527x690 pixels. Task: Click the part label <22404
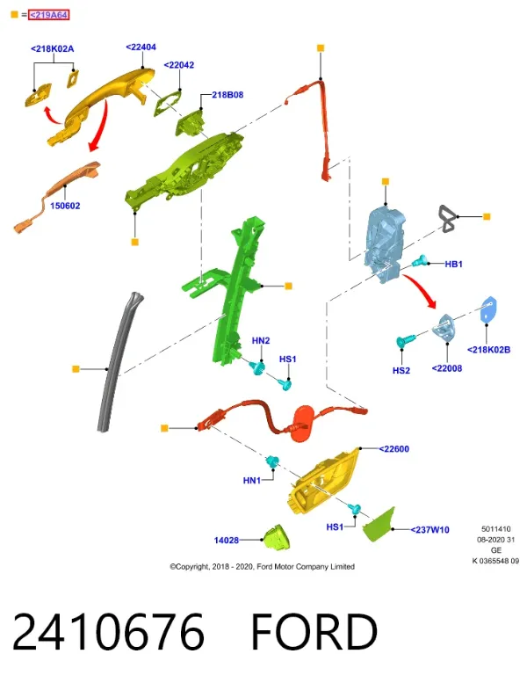point(141,47)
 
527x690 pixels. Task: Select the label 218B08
point(227,95)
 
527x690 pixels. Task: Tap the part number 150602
point(65,206)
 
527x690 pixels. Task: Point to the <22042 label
point(179,65)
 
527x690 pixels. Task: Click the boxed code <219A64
point(49,15)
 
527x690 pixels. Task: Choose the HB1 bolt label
point(453,264)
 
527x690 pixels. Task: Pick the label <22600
point(394,449)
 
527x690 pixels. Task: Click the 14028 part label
point(226,540)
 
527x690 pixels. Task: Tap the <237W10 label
point(430,530)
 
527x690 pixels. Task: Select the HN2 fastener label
point(261,340)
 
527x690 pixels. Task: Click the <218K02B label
point(488,350)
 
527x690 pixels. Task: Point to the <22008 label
point(447,368)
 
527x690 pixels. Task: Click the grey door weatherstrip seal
point(118,361)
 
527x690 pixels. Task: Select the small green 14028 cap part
point(276,537)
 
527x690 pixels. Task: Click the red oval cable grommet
point(306,423)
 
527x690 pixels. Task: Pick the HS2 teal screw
point(405,340)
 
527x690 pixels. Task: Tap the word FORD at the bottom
point(314,632)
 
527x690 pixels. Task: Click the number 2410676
point(108,632)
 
